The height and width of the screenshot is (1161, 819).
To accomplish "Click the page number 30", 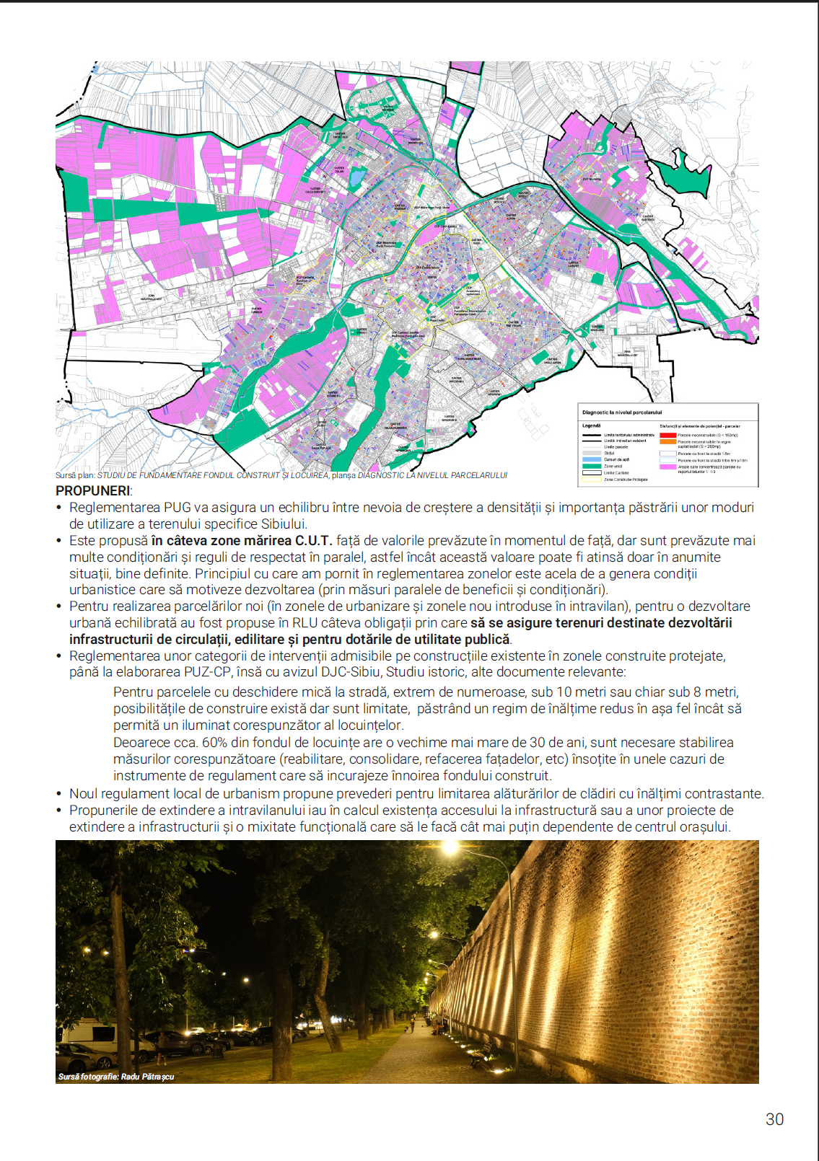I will (x=774, y=1119).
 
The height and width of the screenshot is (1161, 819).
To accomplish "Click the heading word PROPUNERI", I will (x=92, y=491).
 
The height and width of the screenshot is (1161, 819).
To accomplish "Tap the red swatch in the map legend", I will (x=667, y=435).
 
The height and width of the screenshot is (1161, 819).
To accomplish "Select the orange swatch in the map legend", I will (x=667, y=441).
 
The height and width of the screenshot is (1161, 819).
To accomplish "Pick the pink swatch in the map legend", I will (x=667, y=467).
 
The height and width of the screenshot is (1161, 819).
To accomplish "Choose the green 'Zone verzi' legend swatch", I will (x=592, y=466).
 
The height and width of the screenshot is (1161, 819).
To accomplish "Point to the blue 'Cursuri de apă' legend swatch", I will (x=592, y=459).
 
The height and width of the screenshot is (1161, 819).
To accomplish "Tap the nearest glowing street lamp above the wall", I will (x=450, y=849).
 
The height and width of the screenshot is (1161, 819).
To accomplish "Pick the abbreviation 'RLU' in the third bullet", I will (x=305, y=623).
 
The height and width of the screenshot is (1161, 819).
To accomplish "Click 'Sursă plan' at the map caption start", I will (x=75, y=475).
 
